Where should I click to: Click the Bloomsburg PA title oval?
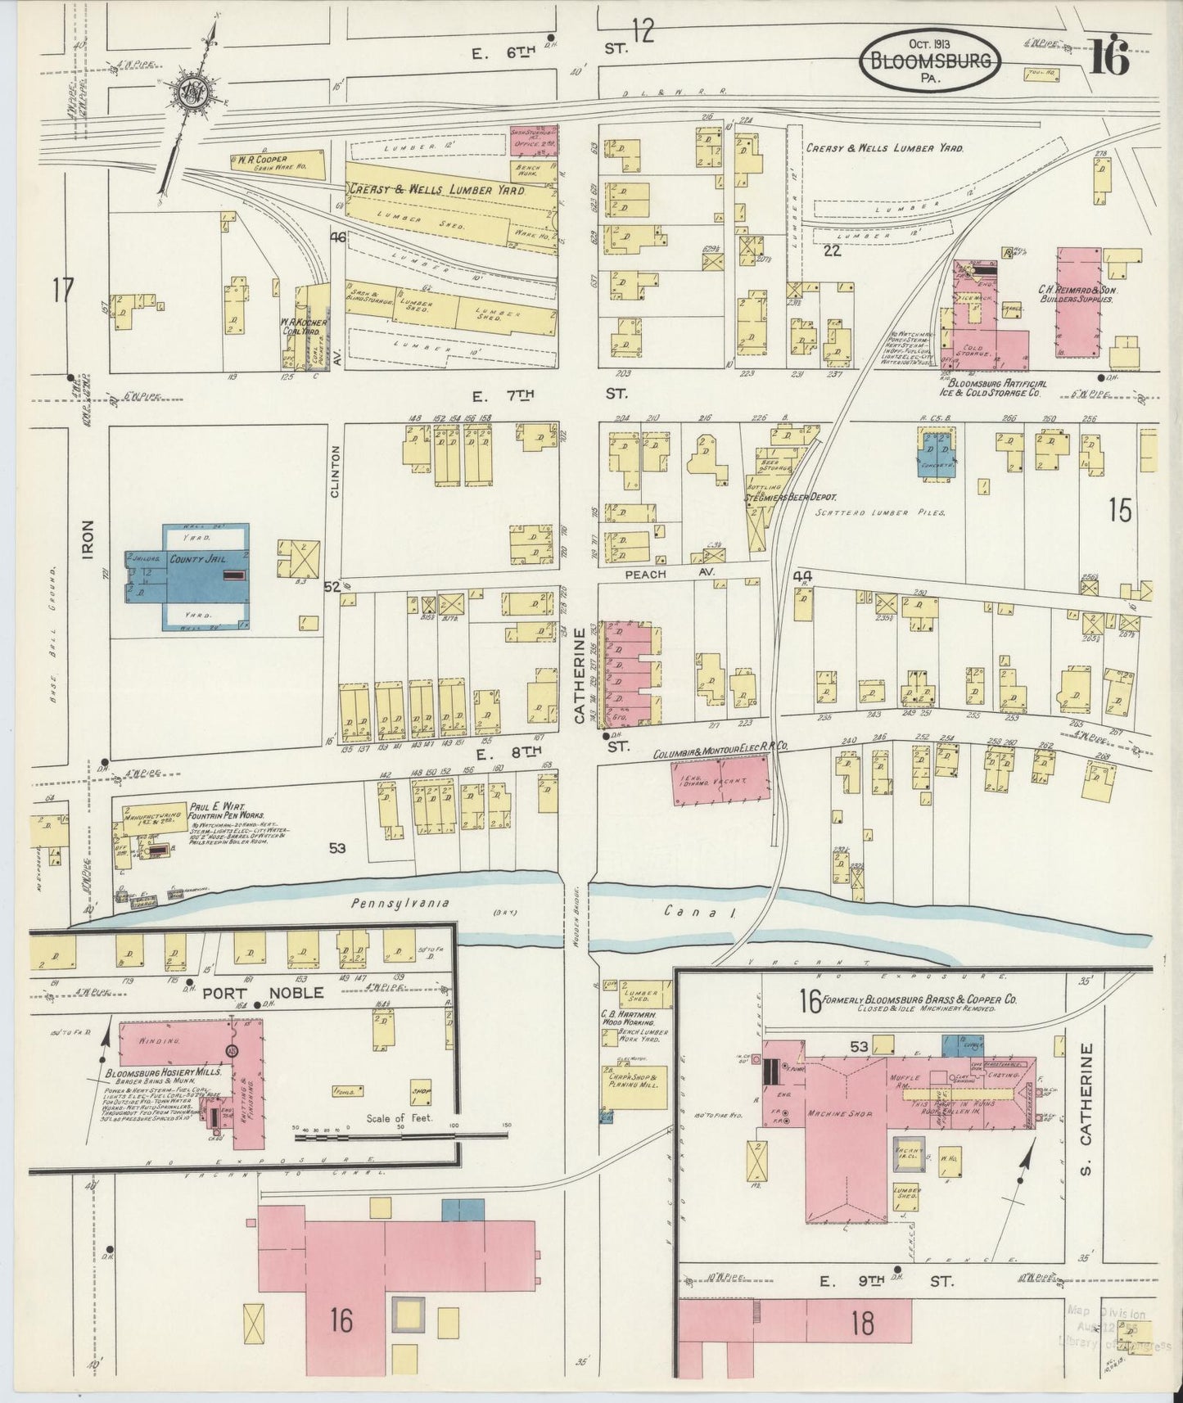point(928,61)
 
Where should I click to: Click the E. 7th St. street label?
point(549,395)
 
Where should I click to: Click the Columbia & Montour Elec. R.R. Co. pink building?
point(720,778)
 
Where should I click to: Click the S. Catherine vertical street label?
point(1087,1101)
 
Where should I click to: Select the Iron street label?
point(88,540)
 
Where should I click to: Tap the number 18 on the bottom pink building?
point(862,1324)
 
